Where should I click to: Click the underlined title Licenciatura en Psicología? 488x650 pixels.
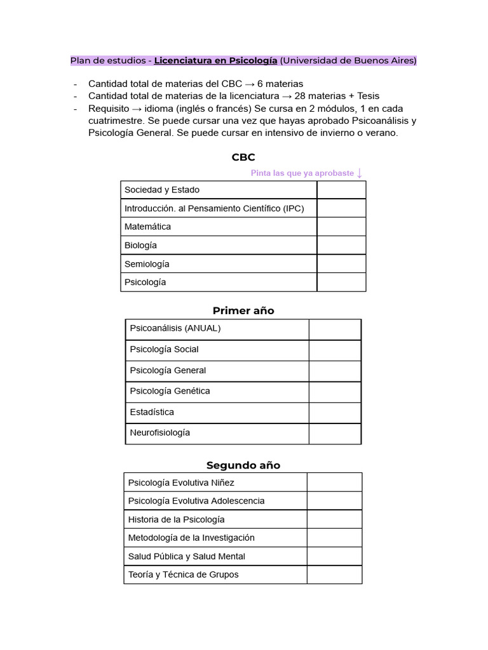pyautogui.click(x=215, y=60)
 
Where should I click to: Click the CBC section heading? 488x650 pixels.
pyautogui.click(x=243, y=157)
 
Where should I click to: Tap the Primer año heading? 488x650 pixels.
pyautogui.click(x=243, y=310)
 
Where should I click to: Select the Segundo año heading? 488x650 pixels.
pyautogui.click(x=243, y=465)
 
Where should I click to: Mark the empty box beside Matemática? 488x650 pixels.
pyautogui.click(x=341, y=227)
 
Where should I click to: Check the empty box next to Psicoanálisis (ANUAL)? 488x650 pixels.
pyautogui.click(x=335, y=329)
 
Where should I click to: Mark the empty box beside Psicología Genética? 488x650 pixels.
pyautogui.click(x=335, y=391)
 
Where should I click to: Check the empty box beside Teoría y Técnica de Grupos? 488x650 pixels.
pyautogui.click(x=334, y=574)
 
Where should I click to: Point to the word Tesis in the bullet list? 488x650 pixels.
pyautogui.click(x=368, y=96)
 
